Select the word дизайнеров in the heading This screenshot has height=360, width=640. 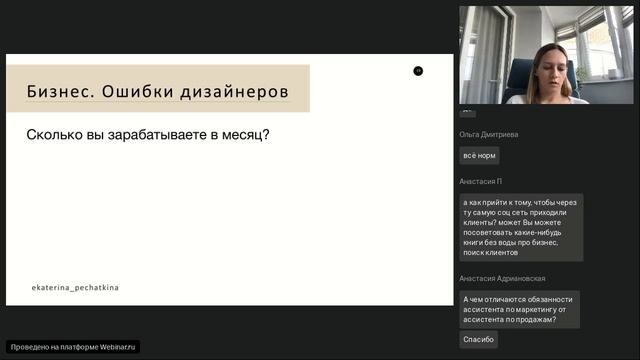(238, 92)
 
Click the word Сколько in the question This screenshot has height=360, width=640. (56, 134)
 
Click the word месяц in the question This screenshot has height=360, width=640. (244, 134)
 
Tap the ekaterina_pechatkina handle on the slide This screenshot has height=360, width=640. (75, 287)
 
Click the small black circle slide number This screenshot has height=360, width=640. (418, 70)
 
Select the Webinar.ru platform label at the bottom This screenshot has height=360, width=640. (74, 346)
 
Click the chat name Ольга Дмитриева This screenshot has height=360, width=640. (489, 134)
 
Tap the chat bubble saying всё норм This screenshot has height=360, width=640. (479, 156)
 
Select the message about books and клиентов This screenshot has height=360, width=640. (520, 227)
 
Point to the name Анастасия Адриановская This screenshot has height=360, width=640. (502, 278)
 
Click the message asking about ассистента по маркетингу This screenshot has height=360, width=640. (518, 309)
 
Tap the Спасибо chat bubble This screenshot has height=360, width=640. (478, 340)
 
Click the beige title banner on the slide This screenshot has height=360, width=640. (158, 90)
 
